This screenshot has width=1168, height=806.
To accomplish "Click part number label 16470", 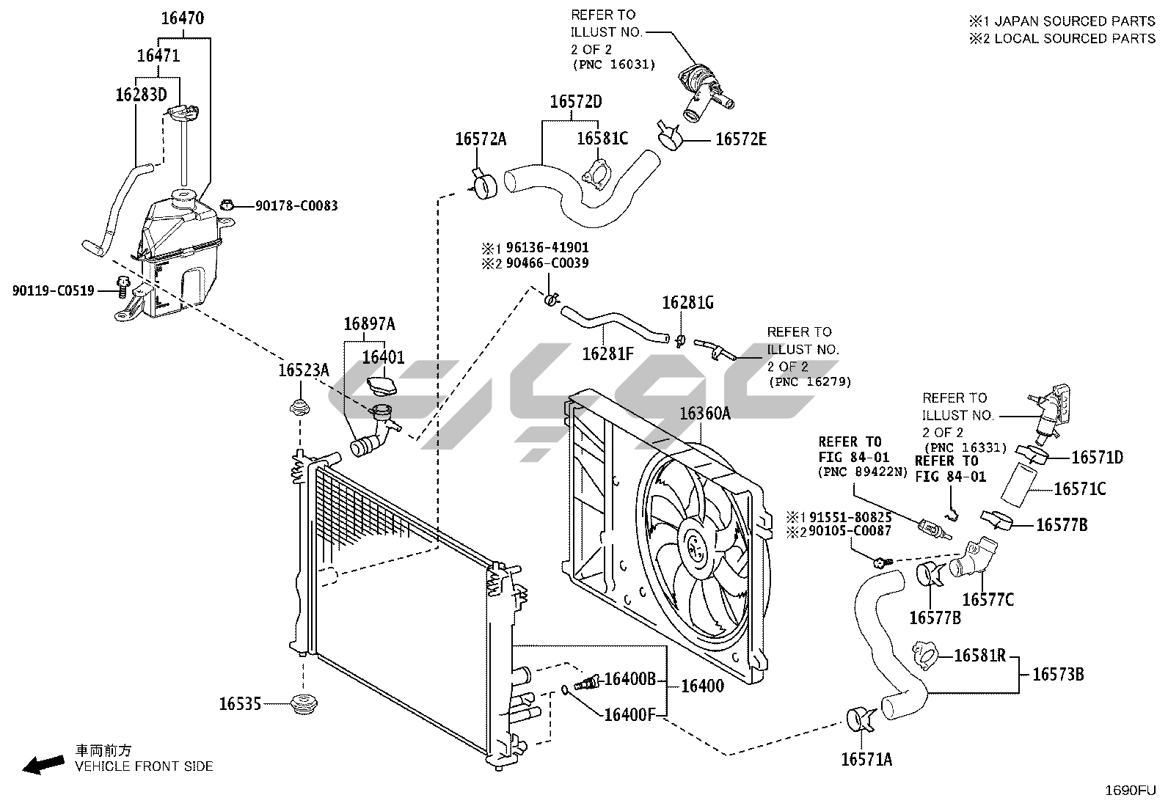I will pos(183,18).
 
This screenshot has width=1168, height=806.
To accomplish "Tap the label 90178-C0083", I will pos(296,206).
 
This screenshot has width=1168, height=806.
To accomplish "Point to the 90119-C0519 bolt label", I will pos(53,290).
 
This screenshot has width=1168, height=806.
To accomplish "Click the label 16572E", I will pos(741,139).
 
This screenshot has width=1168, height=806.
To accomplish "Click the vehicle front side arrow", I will pos(43,765).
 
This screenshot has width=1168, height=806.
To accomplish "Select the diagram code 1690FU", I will pos(1131,791).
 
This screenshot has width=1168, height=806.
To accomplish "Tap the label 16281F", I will pos(607,353).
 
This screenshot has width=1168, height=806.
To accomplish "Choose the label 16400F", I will pos(629,714).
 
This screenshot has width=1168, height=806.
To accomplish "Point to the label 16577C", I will pos(988,600).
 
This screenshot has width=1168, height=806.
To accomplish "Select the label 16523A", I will pos(303,371).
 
